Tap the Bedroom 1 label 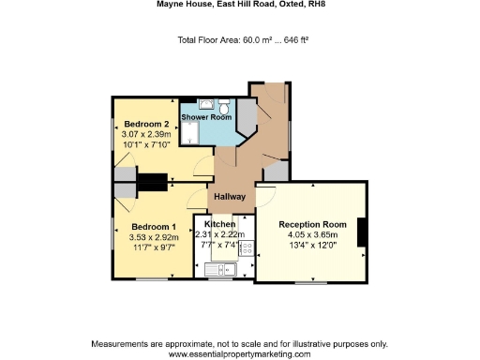pyautogui.click(x=153, y=227)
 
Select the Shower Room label pyautogui.click(x=206, y=117)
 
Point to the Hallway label pyautogui.click(x=230, y=197)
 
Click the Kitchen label pyautogui.click(x=220, y=225)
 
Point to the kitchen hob pyautogui.click(x=246, y=249)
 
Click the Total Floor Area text pyautogui.click(x=243, y=40)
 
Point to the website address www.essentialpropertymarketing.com pyautogui.click(x=239, y=353)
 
